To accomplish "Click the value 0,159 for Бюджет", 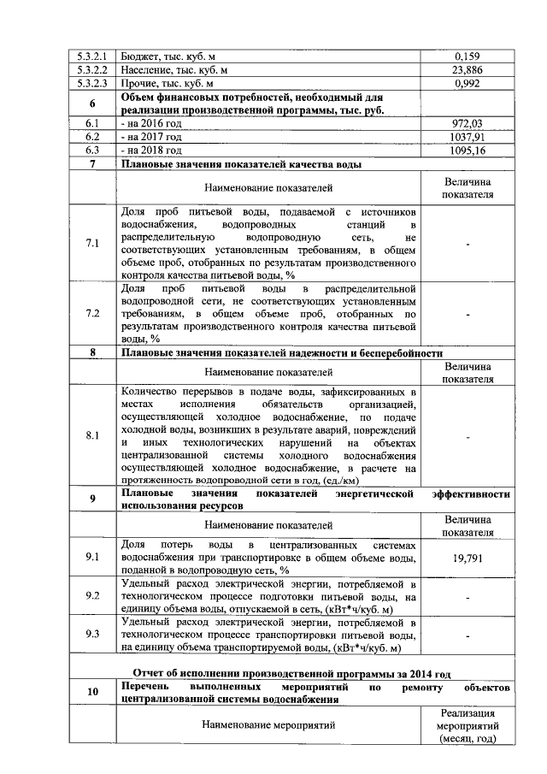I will tap(467, 56).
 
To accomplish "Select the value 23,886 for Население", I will tap(467, 70).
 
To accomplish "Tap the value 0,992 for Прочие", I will tap(467, 85).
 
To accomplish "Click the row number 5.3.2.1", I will tap(92, 56).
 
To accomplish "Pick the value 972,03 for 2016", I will tap(467, 123).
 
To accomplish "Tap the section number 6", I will tap(92, 103).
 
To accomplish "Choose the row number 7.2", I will tap(92, 314).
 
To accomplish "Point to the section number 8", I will tap(92, 352).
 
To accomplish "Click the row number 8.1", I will tap(92, 435).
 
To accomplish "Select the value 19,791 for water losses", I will tap(467, 557).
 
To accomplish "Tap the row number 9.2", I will tap(92, 596).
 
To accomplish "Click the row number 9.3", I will tap(92, 635).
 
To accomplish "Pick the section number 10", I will tap(92, 692).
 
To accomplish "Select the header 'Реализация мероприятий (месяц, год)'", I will tap(467, 725).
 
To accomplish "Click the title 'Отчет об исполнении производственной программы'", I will tap(291, 672).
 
